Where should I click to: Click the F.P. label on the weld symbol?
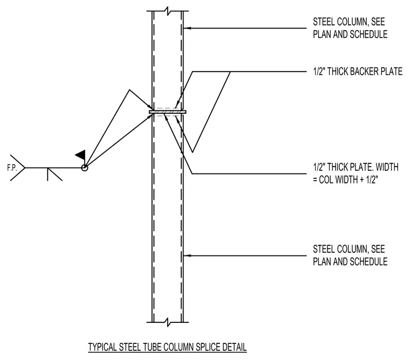(x=12, y=168)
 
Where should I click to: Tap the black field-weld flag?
(x=80, y=155)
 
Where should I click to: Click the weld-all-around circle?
(x=85, y=168)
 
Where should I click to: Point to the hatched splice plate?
(x=168, y=112)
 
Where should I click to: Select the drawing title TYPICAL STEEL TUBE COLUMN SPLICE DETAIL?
(x=167, y=347)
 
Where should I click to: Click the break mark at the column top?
(x=168, y=11)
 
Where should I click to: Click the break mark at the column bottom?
(x=168, y=322)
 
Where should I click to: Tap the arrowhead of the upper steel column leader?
(x=186, y=28)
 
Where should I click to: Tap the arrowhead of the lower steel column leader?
(x=186, y=255)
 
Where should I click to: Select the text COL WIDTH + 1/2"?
(x=349, y=179)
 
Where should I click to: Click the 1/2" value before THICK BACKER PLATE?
(x=319, y=71)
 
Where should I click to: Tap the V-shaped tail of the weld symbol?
(x=18, y=168)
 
